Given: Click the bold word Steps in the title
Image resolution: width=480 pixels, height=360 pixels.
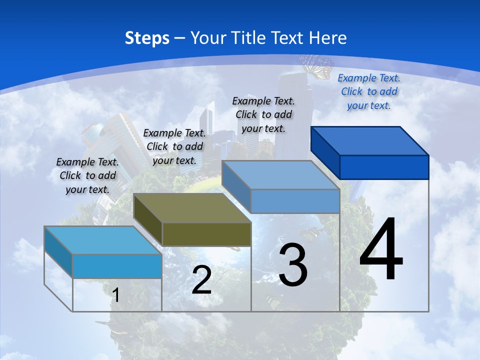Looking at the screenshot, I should click(147, 38).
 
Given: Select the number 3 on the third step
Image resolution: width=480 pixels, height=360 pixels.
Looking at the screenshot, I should click(292, 265).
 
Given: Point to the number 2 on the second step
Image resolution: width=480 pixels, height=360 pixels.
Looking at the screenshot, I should click(201, 280).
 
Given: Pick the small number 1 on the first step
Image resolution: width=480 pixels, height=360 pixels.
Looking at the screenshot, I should click(116, 295).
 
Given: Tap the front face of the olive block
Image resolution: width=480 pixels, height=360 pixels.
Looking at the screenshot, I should click(206, 234).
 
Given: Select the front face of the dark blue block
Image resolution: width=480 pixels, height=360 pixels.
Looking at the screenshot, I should click(384, 167).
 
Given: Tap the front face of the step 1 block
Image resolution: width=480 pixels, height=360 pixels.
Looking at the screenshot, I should click(117, 266).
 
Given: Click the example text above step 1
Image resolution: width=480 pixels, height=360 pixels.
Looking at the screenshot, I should click(87, 175).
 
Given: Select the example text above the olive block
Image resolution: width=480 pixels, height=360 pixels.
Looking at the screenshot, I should click(174, 146).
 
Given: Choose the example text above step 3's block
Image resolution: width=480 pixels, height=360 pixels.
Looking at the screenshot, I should click(263, 114).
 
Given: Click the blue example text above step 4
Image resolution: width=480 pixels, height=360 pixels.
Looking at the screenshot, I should click(369, 91).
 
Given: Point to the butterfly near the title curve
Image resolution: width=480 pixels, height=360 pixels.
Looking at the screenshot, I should click(316, 65).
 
